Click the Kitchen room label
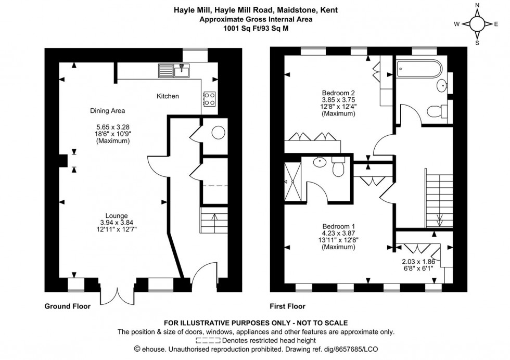pyautogui.click(x=168, y=96)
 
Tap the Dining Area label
pyautogui.click(x=107, y=110)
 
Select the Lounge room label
pyautogui.click(x=117, y=215)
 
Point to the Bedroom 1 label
pyautogui.click(x=338, y=226)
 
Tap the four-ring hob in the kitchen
pyautogui.click(x=209, y=99)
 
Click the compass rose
pyautogui.click(x=477, y=24)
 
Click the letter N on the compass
pyautogui.click(x=477, y=6)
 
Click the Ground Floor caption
pyautogui.click(x=67, y=306)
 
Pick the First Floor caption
pyautogui.click(x=288, y=306)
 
